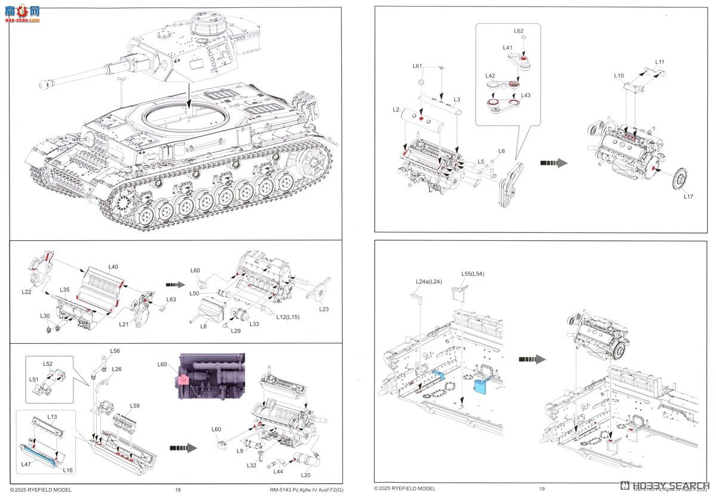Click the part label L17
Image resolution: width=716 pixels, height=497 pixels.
(x=688, y=196)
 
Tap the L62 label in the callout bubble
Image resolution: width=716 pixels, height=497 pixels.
(x=519, y=31)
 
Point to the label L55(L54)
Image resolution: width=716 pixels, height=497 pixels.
(x=471, y=274)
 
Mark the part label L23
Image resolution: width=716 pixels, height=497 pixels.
(x=324, y=309)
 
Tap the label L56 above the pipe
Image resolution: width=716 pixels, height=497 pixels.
(x=115, y=351)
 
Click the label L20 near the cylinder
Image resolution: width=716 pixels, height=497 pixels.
(x=306, y=474)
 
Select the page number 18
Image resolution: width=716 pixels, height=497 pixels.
(x=178, y=489)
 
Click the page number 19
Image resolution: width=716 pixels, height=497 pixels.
(x=542, y=489)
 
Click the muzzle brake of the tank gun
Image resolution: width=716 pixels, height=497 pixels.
(x=44, y=85)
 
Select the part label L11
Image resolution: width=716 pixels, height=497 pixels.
(x=659, y=61)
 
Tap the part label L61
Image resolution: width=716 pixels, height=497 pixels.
(x=417, y=66)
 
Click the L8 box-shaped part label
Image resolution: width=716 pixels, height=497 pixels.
(x=203, y=327)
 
